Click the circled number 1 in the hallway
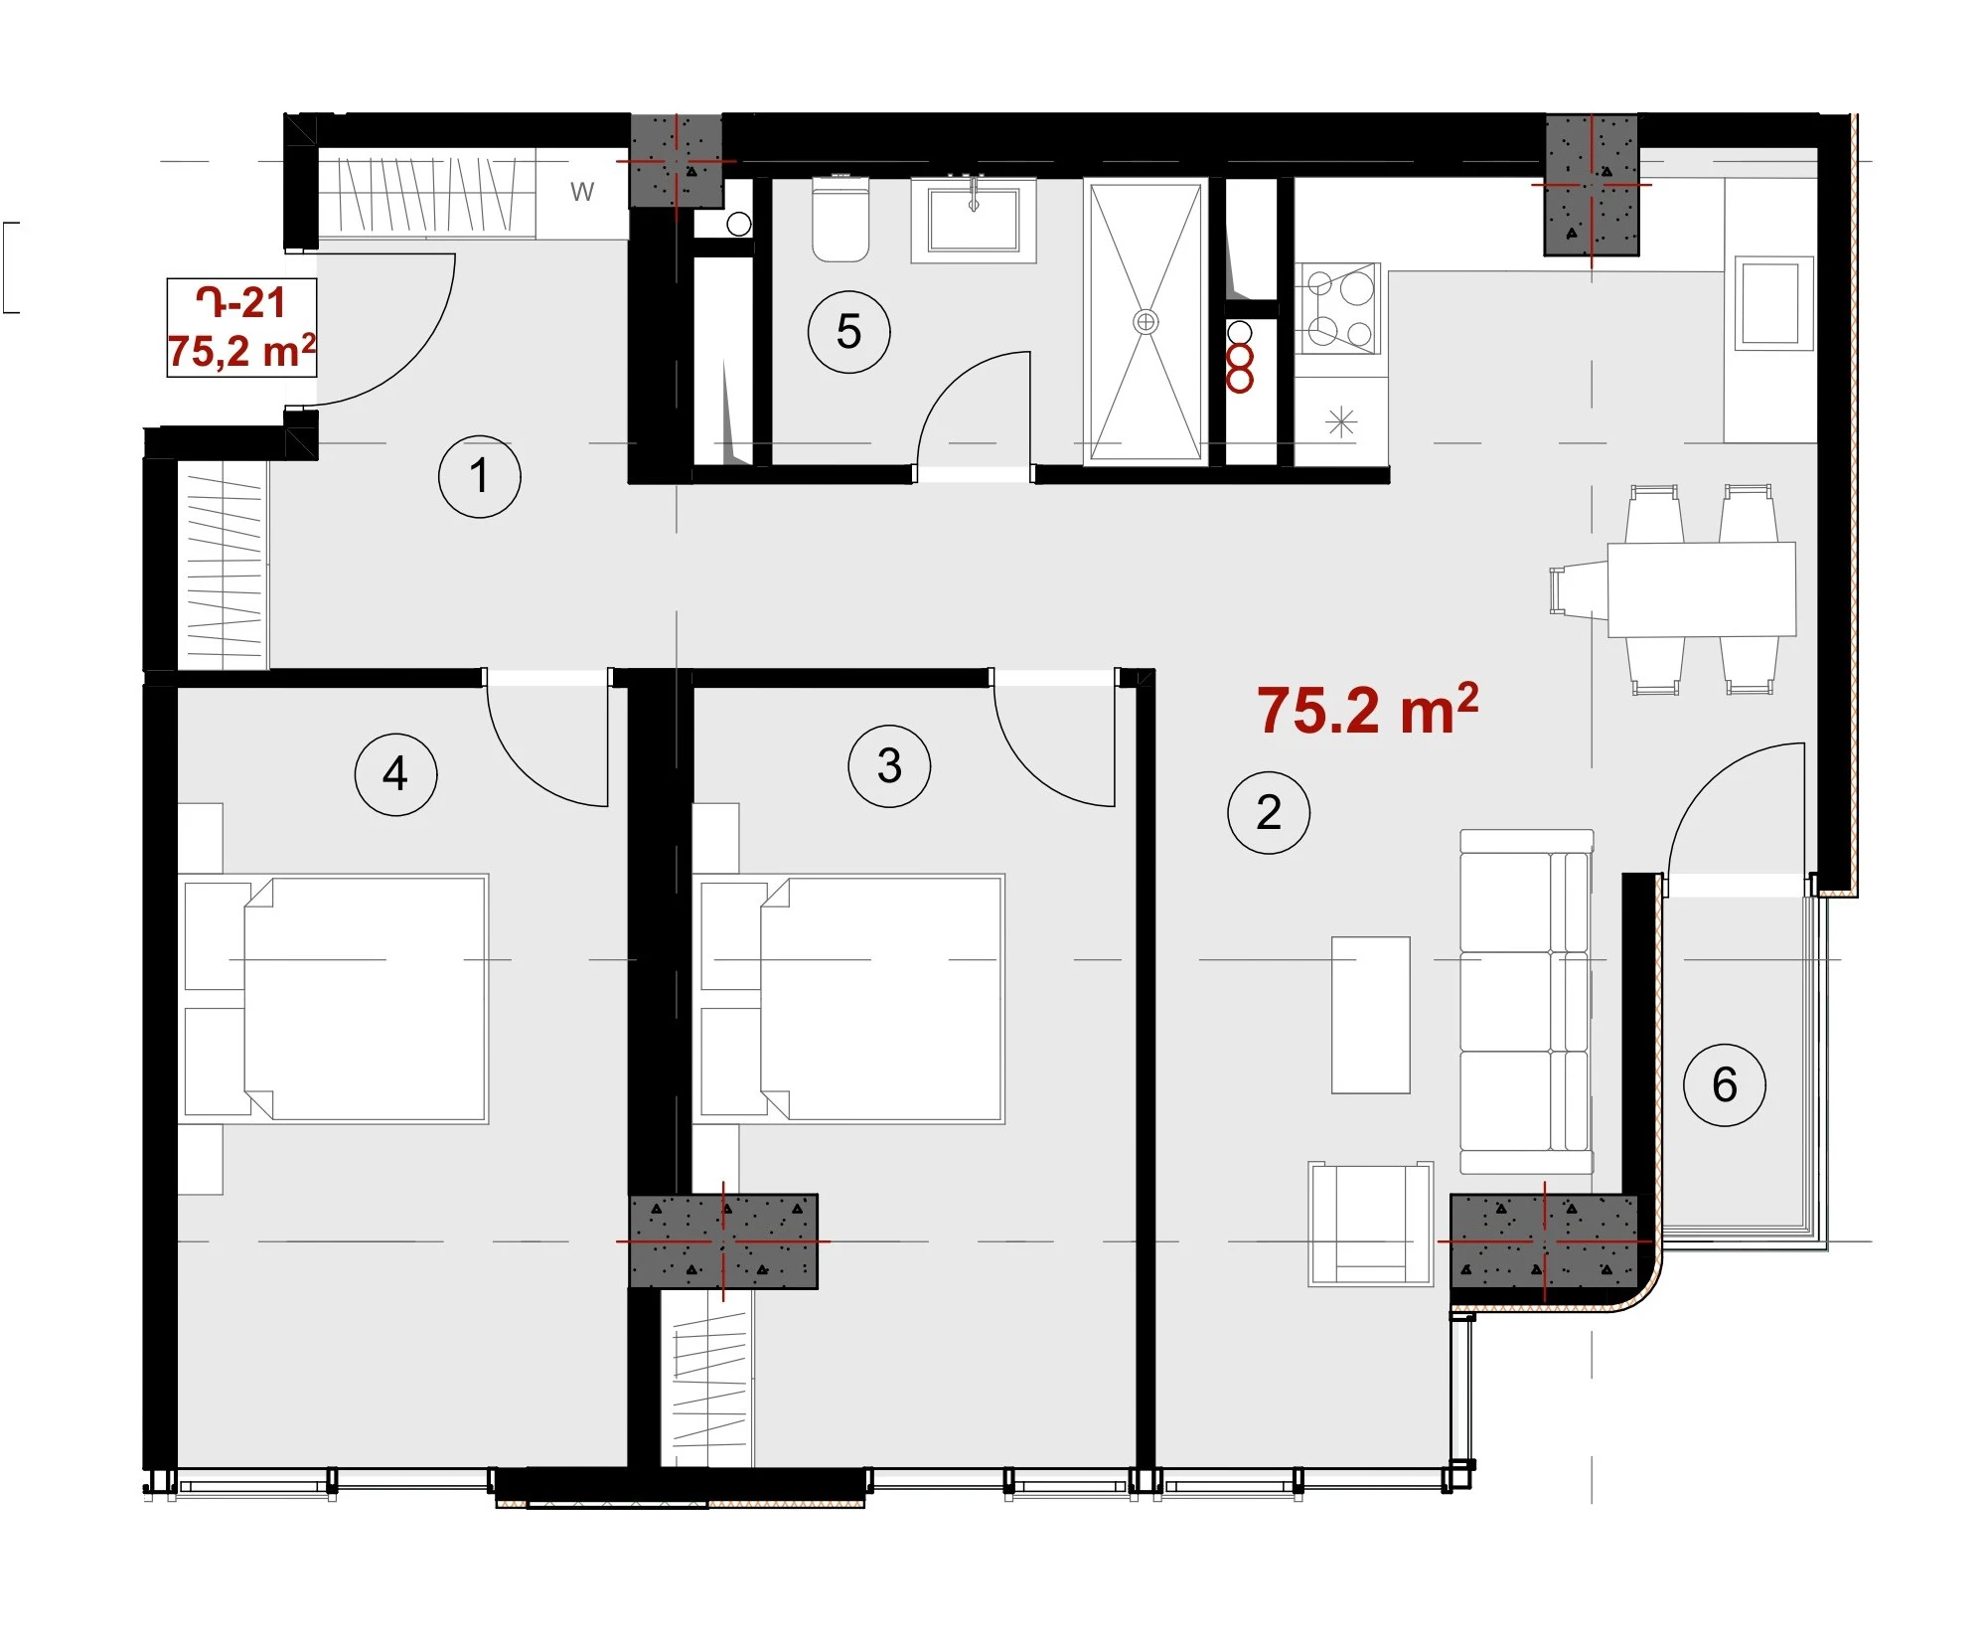click(480, 476)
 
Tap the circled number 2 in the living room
click(1269, 812)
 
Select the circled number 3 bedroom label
click(889, 765)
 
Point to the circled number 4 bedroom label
click(395, 774)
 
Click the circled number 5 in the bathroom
click(848, 332)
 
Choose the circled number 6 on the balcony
click(1725, 1084)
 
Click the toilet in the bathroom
click(840, 219)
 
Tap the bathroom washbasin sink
click(974, 219)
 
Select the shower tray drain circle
click(1146, 322)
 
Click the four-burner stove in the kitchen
click(1338, 308)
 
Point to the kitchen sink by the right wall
click(1773, 302)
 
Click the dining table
click(1702, 588)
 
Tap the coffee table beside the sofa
click(1371, 1015)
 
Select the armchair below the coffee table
click(1371, 1224)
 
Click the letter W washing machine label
click(582, 192)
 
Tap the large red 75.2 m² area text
click(1368, 710)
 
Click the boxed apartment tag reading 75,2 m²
click(241, 328)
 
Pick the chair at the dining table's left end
click(1579, 589)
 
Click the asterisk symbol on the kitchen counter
click(1341, 422)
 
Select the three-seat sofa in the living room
click(1527, 1002)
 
